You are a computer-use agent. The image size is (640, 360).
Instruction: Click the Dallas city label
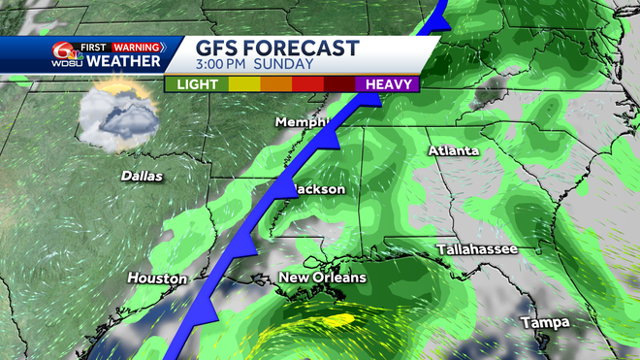[x=142, y=177]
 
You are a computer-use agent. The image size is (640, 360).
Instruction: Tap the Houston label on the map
[x=157, y=278]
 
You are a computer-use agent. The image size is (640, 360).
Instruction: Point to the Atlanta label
[x=454, y=151]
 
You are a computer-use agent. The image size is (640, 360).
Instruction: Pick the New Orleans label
[x=323, y=278]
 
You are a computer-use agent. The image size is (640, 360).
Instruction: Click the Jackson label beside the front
[x=319, y=188]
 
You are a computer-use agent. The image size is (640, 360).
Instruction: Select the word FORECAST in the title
[x=304, y=49]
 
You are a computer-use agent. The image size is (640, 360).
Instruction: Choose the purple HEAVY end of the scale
[x=387, y=83]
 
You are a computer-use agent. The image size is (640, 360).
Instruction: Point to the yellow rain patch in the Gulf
[x=335, y=319]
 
